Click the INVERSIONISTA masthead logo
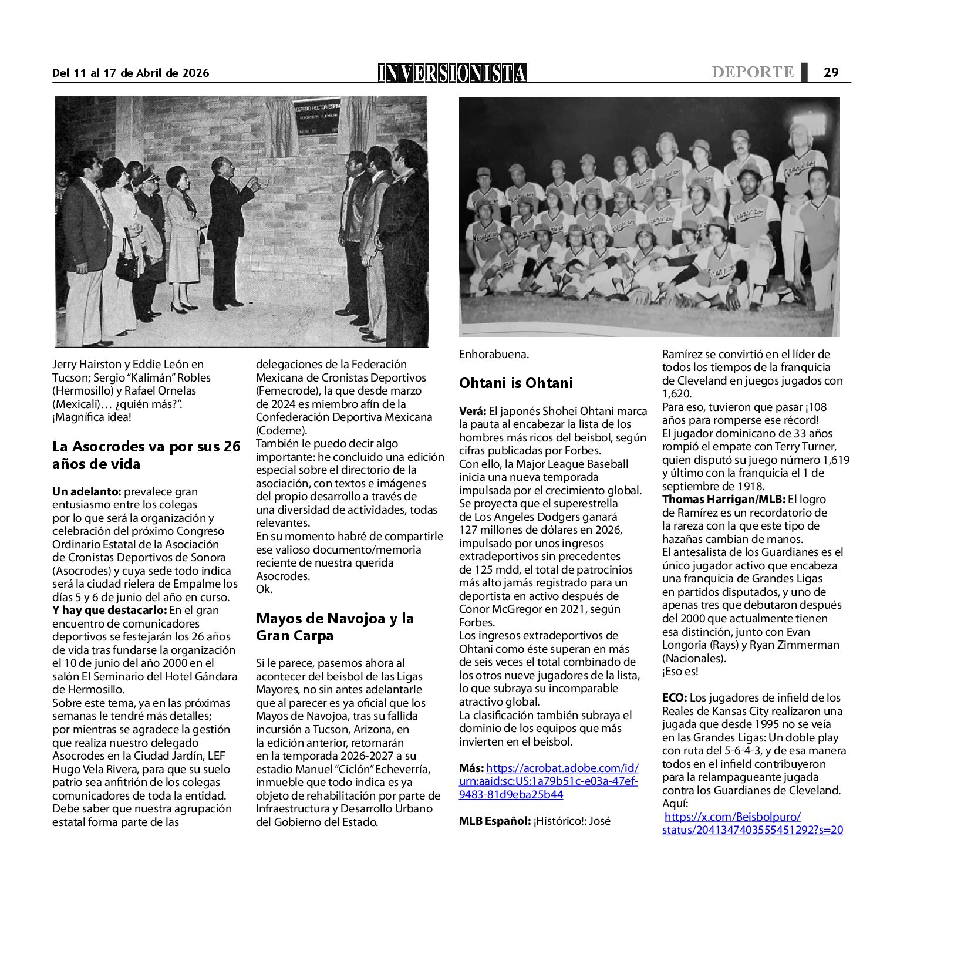[452, 72]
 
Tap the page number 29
[831, 72]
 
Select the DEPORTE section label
[752, 72]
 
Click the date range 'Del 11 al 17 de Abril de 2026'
[130, 73]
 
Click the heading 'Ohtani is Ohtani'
[515, 383]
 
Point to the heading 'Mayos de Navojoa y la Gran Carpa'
[335, 626]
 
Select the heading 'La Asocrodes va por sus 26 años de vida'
[146, 455]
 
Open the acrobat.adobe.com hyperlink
[549, 781]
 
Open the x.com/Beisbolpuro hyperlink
[753, 823]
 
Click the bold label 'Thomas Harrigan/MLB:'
[723, 500]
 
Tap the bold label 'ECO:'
[674, 698]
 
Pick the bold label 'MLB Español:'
[495, 821]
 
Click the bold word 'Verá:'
[473, 412]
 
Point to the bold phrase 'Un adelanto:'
[86, 492]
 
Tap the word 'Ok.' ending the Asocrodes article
[264, 589]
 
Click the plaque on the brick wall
[317, 117]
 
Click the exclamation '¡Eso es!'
[680, 672]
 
